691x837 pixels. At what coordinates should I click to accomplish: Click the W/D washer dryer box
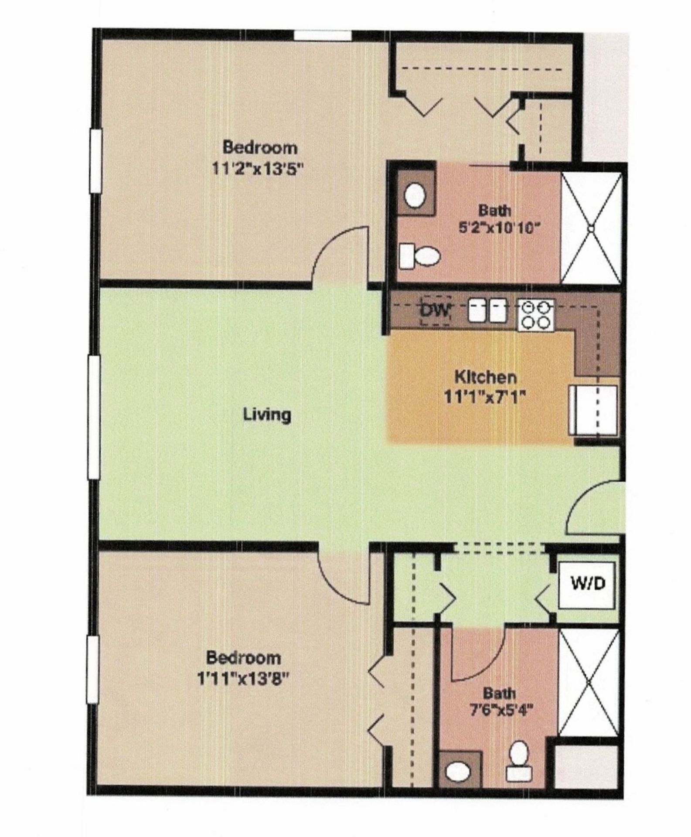point(588,585)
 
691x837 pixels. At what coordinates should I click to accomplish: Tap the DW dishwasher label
point(435,311)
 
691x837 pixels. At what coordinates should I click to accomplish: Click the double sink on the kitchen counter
point(487,311)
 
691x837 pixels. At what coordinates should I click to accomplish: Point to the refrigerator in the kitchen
point(593,410)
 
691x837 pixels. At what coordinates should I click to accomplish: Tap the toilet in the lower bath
point(518,763)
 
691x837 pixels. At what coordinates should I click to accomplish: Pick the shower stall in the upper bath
point(591,228)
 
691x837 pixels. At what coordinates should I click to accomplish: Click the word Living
point(267,414)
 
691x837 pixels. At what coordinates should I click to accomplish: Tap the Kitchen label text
point(486,377)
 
